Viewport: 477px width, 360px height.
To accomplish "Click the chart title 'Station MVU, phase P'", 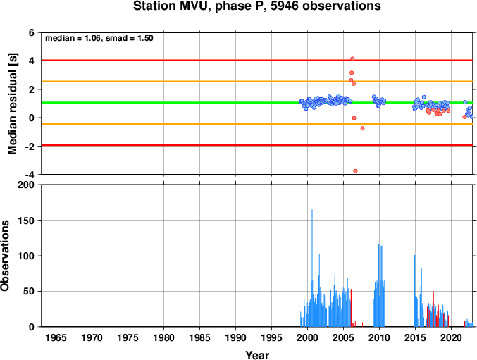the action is [199, 6].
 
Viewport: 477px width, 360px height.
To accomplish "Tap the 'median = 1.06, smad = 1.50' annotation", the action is [99, 38].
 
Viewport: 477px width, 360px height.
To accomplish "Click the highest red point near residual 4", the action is [352, 58].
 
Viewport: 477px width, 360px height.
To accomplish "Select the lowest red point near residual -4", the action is [355, 171].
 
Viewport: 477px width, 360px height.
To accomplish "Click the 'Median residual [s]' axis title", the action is [13, 104].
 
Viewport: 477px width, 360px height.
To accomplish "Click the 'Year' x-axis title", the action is [257, 355].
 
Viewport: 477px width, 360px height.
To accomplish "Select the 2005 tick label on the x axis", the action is [343, 337].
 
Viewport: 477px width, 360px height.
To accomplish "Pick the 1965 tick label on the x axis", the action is [56, 337].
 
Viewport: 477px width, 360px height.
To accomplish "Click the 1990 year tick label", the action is [236, 337].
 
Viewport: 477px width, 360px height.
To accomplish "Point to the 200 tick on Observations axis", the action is [26, 185].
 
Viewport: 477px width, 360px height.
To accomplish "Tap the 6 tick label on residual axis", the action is [32, 32].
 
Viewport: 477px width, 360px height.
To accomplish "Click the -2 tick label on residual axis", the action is [30, 147].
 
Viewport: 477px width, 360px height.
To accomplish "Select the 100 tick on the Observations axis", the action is [26, 256].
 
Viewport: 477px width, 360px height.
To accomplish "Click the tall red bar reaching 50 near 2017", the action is [433, 309].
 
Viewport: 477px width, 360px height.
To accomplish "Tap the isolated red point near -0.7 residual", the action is [362, 128].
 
